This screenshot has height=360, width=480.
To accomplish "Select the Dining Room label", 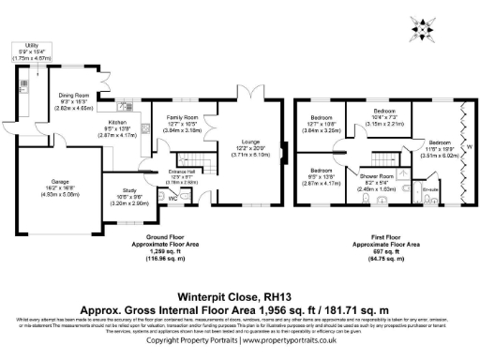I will (74, 95).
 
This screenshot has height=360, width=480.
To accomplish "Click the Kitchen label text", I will (118, 122).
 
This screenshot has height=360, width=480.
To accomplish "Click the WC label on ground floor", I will (171, 198).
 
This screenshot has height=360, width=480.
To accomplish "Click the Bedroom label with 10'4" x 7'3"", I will (382, 110).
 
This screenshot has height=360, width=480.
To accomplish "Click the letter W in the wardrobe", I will (470, 147).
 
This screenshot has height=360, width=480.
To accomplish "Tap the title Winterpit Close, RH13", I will (240, 291).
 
